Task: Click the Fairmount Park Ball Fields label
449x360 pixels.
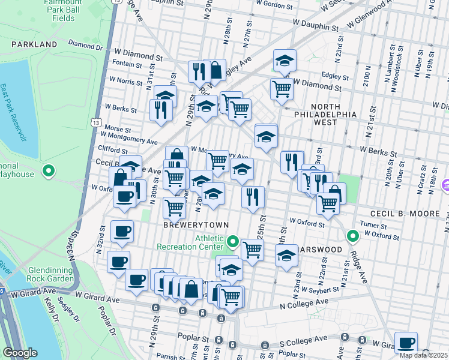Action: [x=59, y=11]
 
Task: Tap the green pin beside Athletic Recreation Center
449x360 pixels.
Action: [x=234, y=242]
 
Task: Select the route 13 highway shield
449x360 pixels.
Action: [x=96, y=122]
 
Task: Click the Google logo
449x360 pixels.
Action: [x=20, y=353]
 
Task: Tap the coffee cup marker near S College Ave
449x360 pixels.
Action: [x=406, y=341]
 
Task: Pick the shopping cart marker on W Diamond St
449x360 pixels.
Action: [x=282, y=89]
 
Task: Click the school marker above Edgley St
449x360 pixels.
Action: [x=285, y=59]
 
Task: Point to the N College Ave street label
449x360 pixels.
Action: [x=304, y=305]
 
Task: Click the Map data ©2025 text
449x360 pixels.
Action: [x=424, y=355]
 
